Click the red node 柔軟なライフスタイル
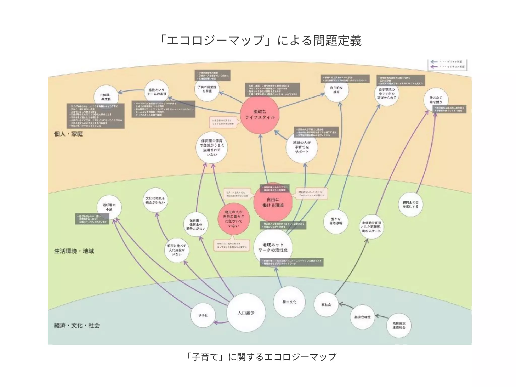click(260, 115)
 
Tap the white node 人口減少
click(246, 313)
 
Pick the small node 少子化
click(203, 315)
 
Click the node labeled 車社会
click(326, 305)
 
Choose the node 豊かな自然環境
click(336, 221)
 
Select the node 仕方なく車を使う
click(436, 100)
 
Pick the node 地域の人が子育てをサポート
click(302, 147)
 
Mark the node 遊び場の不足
click(109, 207)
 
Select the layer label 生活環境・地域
click(74, 251)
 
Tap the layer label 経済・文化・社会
click(77, 325)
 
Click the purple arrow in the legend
click(434, 67)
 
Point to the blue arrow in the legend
click(434, 62)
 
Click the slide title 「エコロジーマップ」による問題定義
click(261, 41)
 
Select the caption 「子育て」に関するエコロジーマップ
click(261, 357)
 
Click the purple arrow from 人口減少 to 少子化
click(220, 322)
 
